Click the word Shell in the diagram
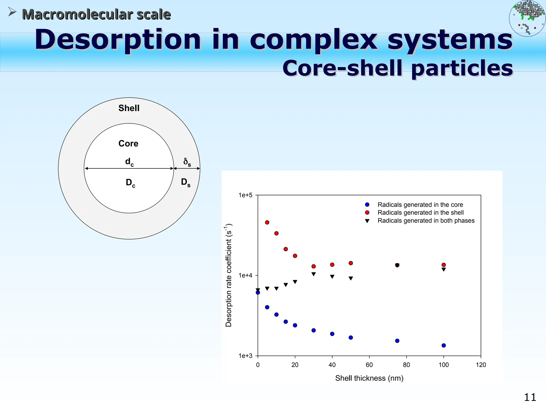click(129, 108)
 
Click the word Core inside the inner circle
click(128, 144)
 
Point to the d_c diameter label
click(129, 162)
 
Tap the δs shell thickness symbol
click(187, 162)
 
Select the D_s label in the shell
click(186, 183)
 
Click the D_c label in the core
click(130, 183)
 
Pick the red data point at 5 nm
click(267, 222)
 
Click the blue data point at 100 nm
click(444, 345)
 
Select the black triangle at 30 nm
click(314, 274)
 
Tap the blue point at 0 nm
click(258, 293)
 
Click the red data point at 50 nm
click(351, 263)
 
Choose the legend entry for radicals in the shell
click(420, 212)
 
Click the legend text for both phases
click(426, 220)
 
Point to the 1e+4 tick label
click(245, 275)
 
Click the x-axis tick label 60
click(369, 365)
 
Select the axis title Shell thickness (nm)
click(369, 378)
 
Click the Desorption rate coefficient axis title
click(229, 275)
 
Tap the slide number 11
click(530, 397)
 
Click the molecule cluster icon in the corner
click(527, 18)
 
